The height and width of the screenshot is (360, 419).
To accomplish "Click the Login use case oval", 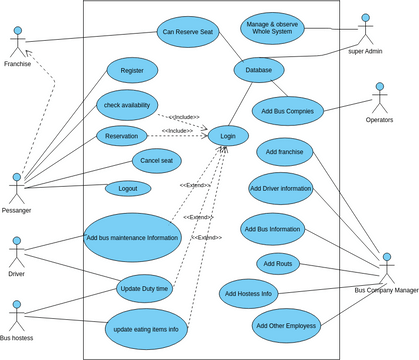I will pyautogui.click(x=228, y=135).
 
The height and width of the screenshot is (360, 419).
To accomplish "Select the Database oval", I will pyautogui.click(x=259, y=69).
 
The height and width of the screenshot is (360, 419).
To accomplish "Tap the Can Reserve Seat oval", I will pyautogui.click(x=188, y=31).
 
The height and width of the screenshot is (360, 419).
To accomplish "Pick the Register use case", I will pyautogui.click(x=132, y=70).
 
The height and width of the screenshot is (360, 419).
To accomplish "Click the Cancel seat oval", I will pyautogui.click(x=156, y=160).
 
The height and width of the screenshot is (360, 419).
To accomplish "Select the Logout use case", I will pyautogui.click(x=128, y=188).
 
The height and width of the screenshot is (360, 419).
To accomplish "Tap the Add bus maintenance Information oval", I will pyautogui.click(x=132, y=238).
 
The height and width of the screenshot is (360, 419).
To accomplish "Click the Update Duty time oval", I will pyautogui.click(x=144, y=288).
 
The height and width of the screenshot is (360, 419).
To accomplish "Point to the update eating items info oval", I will pyautogui.click(x=145, y=328).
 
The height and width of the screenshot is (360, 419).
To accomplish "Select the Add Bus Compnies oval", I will pyautogui.click(x=287, y=112).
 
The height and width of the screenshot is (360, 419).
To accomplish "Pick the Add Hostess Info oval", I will pyautogui.click(x=249, y=294).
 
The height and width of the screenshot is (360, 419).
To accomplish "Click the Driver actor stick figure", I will pyautogui.click(x=16, y=252).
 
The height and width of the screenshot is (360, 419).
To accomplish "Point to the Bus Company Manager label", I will pyautogui.click(x=386, y=290).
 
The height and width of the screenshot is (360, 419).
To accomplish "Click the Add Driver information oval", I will pyautogui.click(x=280, y=187).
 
